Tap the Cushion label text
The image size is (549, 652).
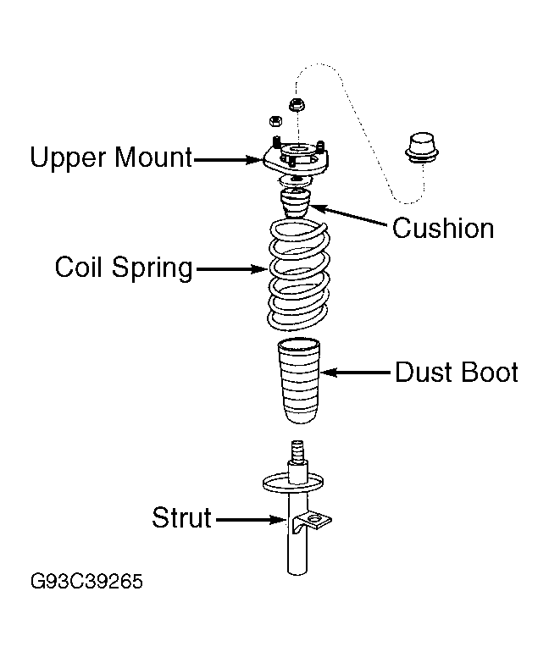tap(442, 228)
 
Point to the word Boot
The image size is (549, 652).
tap(489, 373)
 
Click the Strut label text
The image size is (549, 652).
tap(181, 517)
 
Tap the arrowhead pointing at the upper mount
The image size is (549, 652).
tap(258, 158)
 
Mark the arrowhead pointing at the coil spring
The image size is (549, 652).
tap(261, 270)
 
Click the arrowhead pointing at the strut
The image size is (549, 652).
tap(275, 521)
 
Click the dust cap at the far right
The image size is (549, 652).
tap(419, 146)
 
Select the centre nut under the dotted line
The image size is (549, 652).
tap(297, 106)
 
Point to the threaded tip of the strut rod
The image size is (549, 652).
tap(297, 449)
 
